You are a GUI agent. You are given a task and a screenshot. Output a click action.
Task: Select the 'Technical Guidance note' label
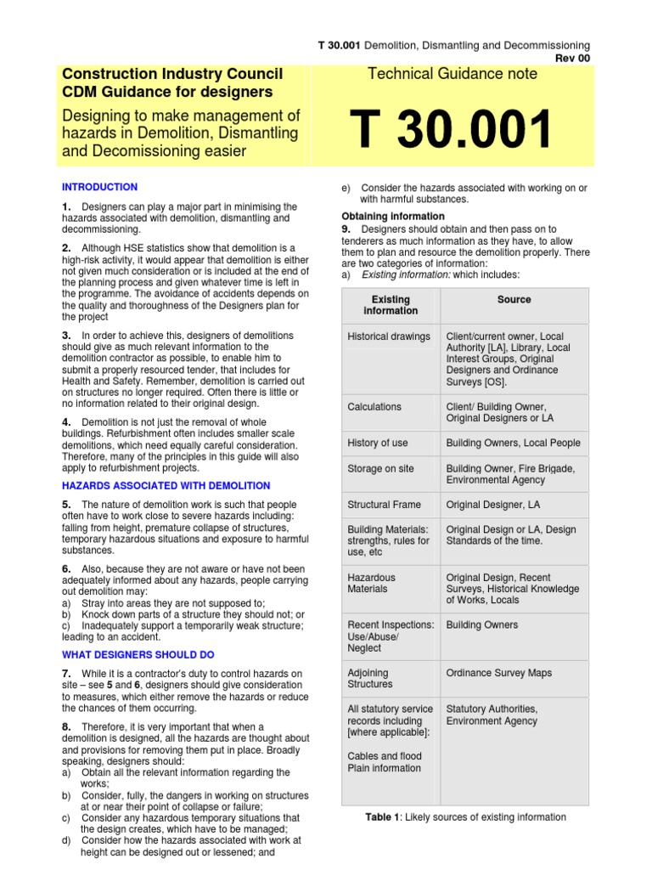[452, 74]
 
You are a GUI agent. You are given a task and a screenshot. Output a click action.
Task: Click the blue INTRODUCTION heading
[99, 187]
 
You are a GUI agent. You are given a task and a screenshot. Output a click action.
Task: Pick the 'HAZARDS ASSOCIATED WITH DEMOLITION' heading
[166, 486]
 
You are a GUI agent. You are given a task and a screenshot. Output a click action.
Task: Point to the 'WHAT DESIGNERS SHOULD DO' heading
[138, 655]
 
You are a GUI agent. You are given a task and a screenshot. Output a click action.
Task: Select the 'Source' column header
[514, 300]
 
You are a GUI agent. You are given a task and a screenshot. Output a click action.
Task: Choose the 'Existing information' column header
[391, 305]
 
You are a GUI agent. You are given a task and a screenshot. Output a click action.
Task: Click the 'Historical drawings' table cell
[389, 336]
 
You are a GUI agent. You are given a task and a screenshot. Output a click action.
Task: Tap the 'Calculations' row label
[374, 407]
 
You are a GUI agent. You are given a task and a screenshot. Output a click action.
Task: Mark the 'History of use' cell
[378, 443]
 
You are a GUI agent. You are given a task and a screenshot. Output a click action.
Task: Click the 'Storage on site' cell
[380, 469]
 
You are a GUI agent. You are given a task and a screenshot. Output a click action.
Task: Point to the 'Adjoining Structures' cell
[370, 678]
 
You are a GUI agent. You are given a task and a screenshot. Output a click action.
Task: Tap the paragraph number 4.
[65, 422]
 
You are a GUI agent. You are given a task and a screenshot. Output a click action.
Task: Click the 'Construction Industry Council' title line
[172, 74]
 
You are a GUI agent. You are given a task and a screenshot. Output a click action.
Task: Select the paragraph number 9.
[346, 229]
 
